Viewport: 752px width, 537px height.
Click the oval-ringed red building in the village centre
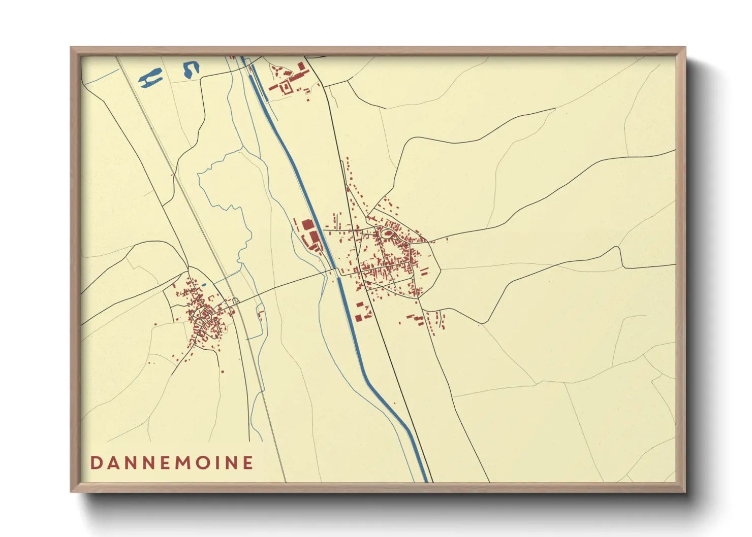[388, 233]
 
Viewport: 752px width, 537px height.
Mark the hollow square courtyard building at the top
[285, 88]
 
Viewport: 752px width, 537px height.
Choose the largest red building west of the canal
[307, 225]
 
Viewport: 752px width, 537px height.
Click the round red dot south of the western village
[223, 372]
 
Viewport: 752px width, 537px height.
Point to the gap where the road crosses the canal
[336, 274]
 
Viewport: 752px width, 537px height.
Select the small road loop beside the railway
[236, 300]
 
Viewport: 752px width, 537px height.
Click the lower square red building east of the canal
[358, 318]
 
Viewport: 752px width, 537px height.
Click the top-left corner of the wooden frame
[71, 48]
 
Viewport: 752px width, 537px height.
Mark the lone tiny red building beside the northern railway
[173, 175]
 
